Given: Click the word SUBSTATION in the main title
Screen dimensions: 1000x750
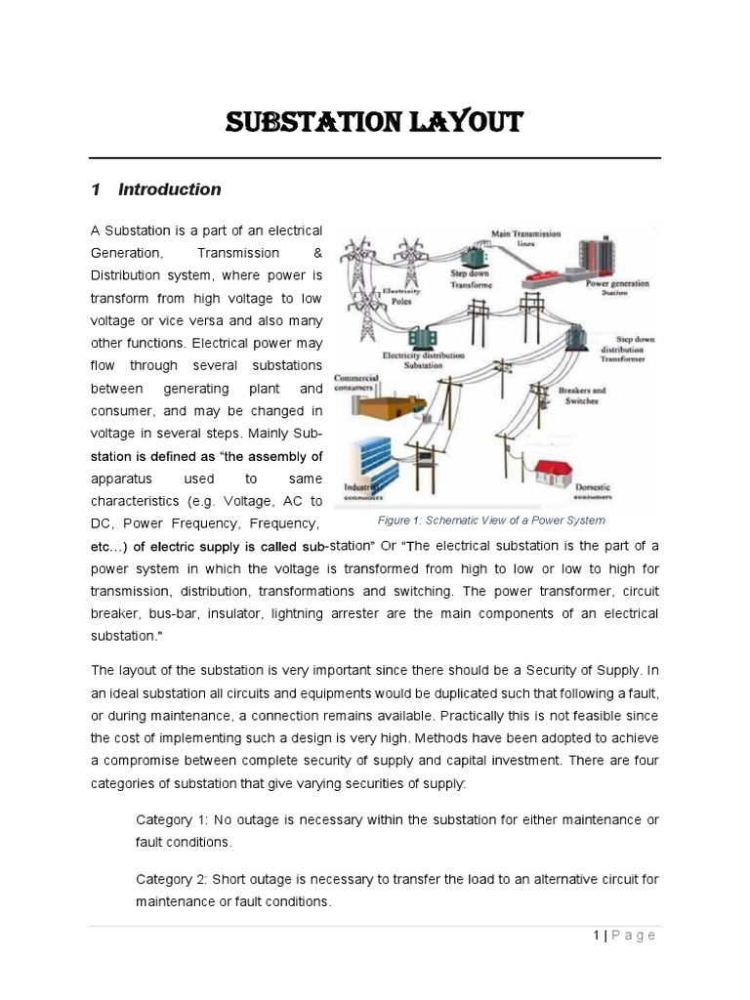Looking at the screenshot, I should pos(311,124).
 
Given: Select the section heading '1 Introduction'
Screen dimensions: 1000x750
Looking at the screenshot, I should pos(155,189).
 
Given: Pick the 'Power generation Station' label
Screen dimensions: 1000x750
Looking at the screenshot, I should pos(616,287).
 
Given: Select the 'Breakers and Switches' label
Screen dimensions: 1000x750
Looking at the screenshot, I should pos(581,395).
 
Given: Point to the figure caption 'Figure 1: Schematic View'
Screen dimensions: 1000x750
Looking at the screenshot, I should pos(491,521).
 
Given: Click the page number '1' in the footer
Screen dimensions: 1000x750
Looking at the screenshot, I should pos(596,936).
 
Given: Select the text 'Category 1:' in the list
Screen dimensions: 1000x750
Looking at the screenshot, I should pos(171,819).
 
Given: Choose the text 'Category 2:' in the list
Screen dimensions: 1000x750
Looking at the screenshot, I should pos(171,879).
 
